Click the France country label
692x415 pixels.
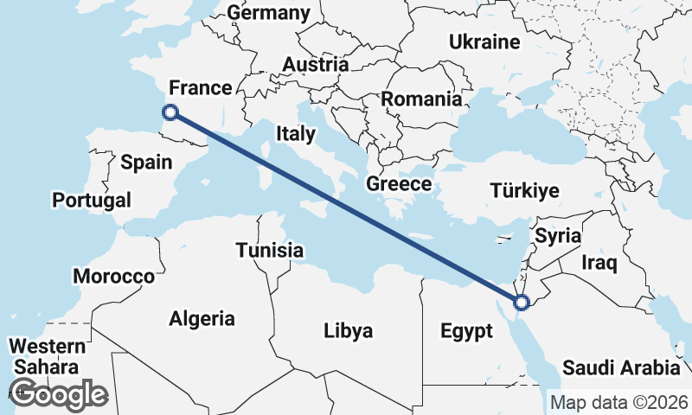(x=201, y=87)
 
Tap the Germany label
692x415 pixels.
(x=268, y=13)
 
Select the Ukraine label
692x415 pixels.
(x=484, y=41)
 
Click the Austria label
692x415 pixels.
(x=316, y=64)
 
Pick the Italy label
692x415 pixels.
(x=296, y=133)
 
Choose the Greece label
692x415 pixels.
(x=399, y=183)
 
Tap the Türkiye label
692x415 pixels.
(x=524, y=190)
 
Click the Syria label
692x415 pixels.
(x=558, y=235)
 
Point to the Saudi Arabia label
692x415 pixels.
(x=621, y=367)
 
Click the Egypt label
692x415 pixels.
(x=466, y=330)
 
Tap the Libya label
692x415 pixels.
(x=348, y=330)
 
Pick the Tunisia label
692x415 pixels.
(x=270, y=251)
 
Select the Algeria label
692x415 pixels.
(x=202, y=317)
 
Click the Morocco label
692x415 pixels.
(x=113, y=277)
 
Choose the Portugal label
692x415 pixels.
(x=92, y=200)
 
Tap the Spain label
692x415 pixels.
(x=146, y=162)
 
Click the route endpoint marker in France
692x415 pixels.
(x=170, y=112)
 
